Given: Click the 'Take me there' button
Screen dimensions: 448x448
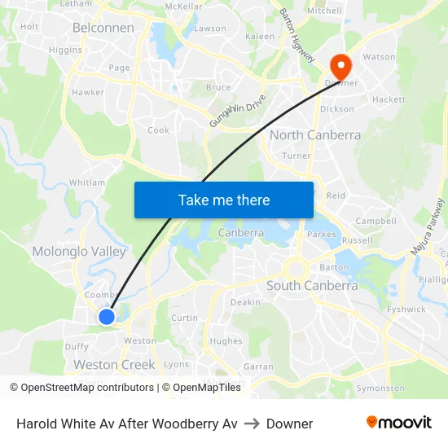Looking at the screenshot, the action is (x=224, y=200).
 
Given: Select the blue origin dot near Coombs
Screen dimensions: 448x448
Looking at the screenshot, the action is (x=106, y=316).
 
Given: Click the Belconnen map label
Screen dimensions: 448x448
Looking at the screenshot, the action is (x=103, y=28).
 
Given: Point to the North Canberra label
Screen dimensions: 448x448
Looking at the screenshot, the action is (x=314, y=135).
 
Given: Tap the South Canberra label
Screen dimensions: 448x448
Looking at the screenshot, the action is (x=312, y=286).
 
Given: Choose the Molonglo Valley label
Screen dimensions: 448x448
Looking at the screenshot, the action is (x=79, y=252).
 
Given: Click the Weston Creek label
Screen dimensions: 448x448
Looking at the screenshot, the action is (x=114, y=364).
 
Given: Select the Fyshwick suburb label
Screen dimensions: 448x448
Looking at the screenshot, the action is (x=406, y=310).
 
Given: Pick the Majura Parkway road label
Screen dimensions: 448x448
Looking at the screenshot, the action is (x=428, y=227).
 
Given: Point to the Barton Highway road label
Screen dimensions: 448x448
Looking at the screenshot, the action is (x=296, y=36).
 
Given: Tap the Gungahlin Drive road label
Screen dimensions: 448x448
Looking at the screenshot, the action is (x=237, y=110).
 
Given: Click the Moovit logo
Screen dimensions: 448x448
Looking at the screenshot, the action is (x=399, y=423).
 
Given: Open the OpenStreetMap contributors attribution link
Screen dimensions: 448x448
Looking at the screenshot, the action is (x=81, y=388).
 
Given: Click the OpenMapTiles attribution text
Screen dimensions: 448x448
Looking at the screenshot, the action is (x=201, y=388).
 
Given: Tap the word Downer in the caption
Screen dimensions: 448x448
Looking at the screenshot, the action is (x=289, y=424).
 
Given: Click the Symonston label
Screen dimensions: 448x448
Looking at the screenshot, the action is (x=380, y=389).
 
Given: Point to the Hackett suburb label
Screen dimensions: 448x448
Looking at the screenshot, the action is (x=389, y=99).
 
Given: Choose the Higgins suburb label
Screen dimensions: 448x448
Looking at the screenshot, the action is (x=65, y=50).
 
